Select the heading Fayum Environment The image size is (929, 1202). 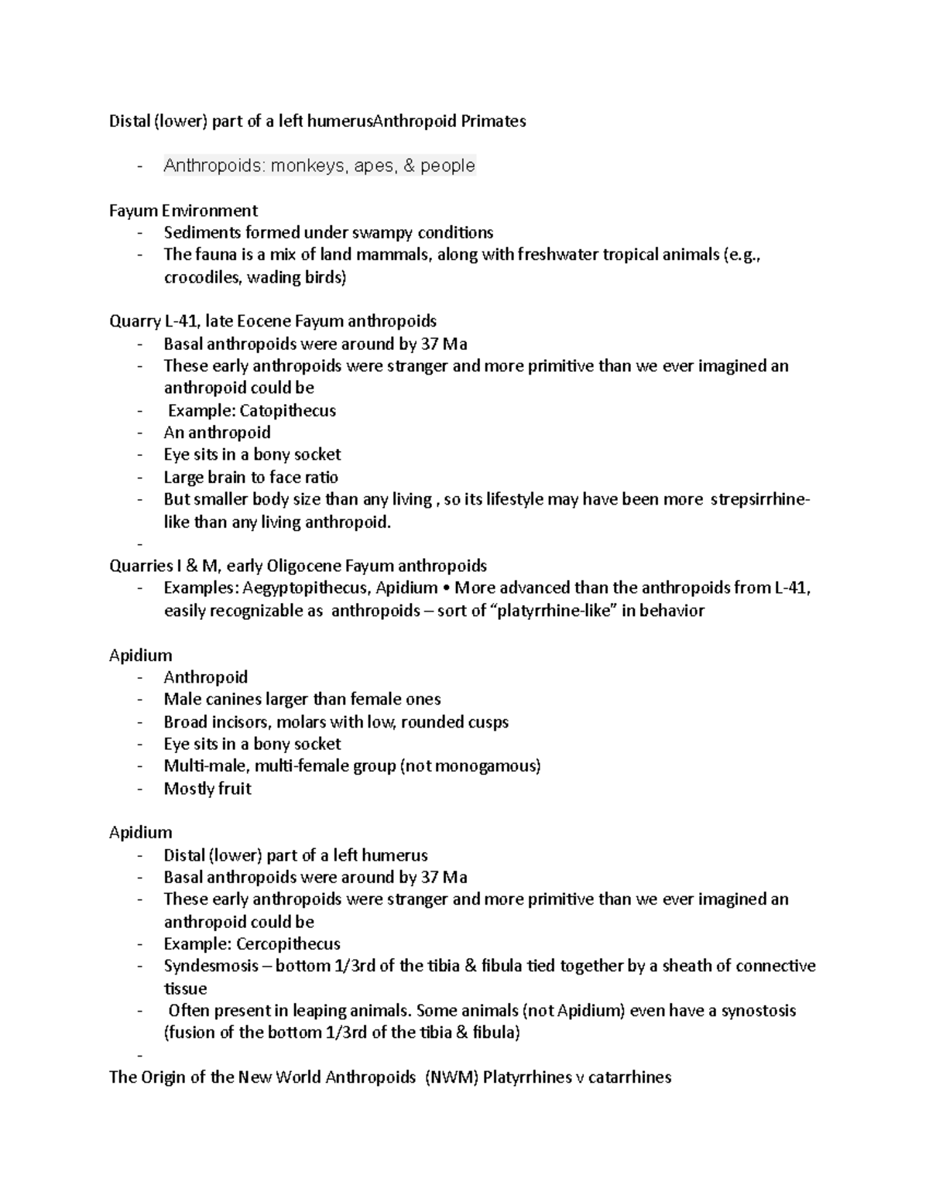pyautogui.click(x=183, y=211)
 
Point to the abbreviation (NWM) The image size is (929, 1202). pyautogui.click(x=450, y=1077)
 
